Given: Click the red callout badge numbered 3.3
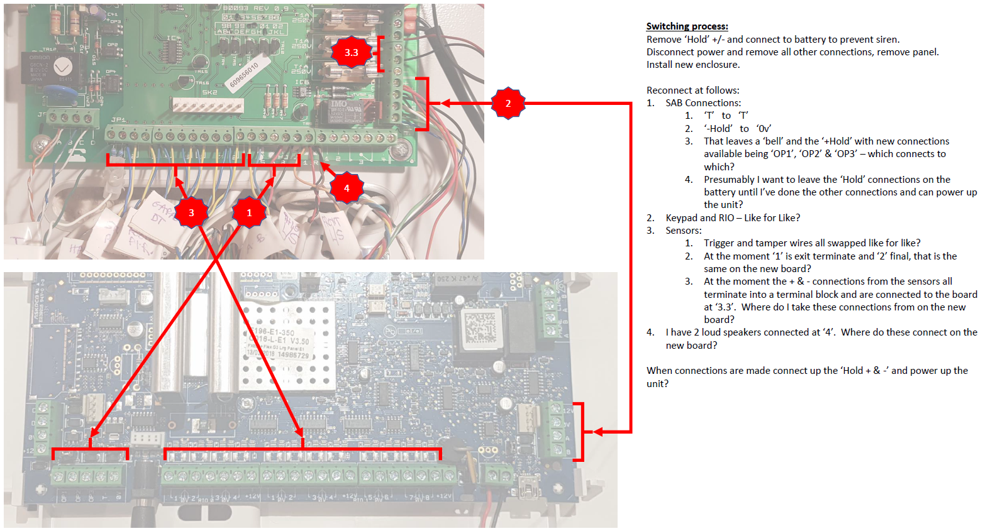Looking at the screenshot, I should click(351, 53).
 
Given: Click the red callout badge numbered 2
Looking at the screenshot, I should click(508, 103).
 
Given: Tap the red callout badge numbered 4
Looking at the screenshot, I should click(346, 188).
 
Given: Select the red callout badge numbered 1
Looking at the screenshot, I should click(249, 213).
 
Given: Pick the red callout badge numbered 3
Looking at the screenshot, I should click(191, 213).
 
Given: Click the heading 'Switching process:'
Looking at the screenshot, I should click(687, 26).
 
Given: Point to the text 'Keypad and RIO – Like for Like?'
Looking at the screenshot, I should click(733, 218).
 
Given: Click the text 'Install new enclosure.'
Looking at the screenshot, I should click(693, 65).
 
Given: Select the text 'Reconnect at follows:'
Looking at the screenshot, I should click(692, 90).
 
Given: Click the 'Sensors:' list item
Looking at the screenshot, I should click(683, 231).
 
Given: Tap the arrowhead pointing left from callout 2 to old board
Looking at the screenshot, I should click(445, 103).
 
